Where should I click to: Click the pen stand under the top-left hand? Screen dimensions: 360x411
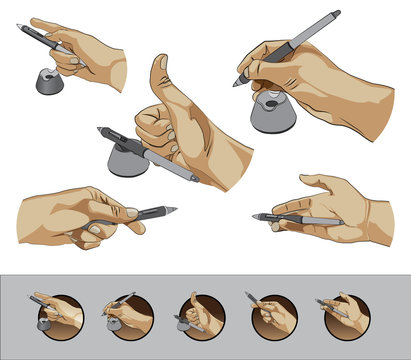click(46, 81)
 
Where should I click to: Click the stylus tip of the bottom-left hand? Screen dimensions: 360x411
click(172, 211)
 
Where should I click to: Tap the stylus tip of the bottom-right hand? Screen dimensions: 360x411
click(257, 216)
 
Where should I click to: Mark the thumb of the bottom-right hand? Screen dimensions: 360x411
click(313, 182)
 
